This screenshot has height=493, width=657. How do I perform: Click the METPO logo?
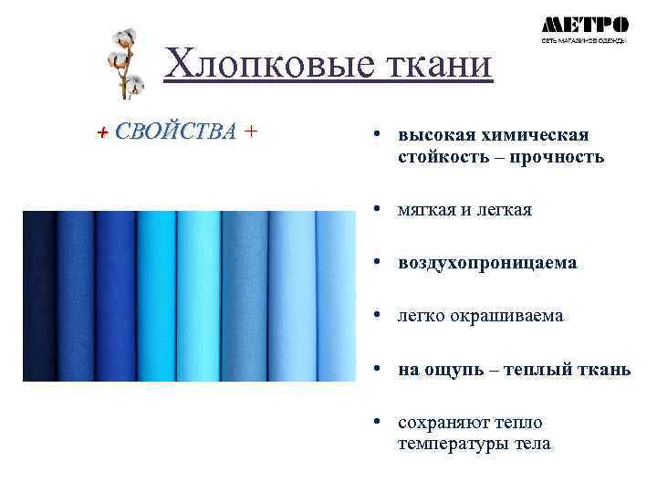[584, 27]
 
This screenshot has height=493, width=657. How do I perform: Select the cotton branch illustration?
[125, 62]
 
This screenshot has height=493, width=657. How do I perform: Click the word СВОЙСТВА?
[175, 131]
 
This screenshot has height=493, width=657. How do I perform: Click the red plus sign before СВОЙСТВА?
[103, 132]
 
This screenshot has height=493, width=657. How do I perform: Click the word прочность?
[558, 157]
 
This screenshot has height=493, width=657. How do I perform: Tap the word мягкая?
[430, 210]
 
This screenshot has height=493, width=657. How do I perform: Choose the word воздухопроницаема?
[487, 263]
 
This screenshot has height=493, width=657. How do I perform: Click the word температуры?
[450, 445]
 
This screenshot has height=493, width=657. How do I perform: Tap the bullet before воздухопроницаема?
[376, 263]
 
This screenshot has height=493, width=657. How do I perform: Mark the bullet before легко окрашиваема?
[376, 316]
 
